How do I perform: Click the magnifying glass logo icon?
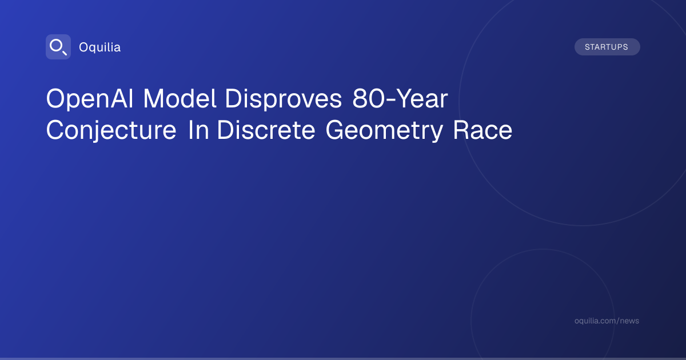point(58,47)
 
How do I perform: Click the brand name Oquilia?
point(100,47)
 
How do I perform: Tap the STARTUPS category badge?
point(607,47)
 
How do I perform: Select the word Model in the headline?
point(180,98)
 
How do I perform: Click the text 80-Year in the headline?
point(400,98)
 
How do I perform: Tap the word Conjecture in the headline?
point(111,131)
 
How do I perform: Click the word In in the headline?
point(198,130)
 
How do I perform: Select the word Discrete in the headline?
point(266,130)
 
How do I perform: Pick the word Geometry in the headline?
point(384,131)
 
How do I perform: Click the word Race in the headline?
point(482,130)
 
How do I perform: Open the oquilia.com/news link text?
point(607,321)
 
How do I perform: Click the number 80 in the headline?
point(368,98)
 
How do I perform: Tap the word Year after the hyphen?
point(422,98)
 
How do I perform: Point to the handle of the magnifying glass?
point(65,53)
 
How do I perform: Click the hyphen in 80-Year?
point(390,101)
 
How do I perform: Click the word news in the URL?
point(629,321)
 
